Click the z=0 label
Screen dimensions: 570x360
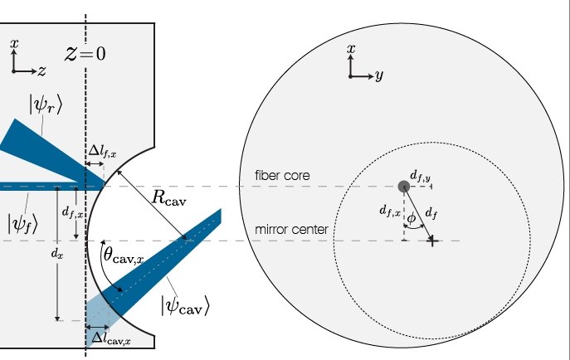coord(85,54)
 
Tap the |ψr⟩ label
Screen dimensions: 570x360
coord(46,105)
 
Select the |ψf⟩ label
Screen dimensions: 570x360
coord(22,223)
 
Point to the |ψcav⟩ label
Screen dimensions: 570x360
coord(185,305)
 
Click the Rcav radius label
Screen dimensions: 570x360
coord(169,198)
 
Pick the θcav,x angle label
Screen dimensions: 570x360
coord(124,254)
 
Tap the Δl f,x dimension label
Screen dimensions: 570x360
coord(103,151)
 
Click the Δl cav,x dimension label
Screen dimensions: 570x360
coord(111,338)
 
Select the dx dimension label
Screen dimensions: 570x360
coord(57,254)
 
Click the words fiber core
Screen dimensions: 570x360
coord(282,176)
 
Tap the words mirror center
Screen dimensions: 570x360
coord(291,230)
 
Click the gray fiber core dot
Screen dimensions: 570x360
coord(404,187)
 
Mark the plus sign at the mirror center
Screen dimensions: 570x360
coord(432,241)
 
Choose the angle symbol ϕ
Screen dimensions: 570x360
coord(412,218)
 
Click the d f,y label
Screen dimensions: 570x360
coord(420,176)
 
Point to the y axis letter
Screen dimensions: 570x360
coord(379,75)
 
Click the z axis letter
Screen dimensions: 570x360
coord(42,71)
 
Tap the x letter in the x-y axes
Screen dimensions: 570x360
coord(351,49)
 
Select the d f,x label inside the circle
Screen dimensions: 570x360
coord(390,211)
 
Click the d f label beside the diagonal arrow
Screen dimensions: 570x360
coord(431,213)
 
